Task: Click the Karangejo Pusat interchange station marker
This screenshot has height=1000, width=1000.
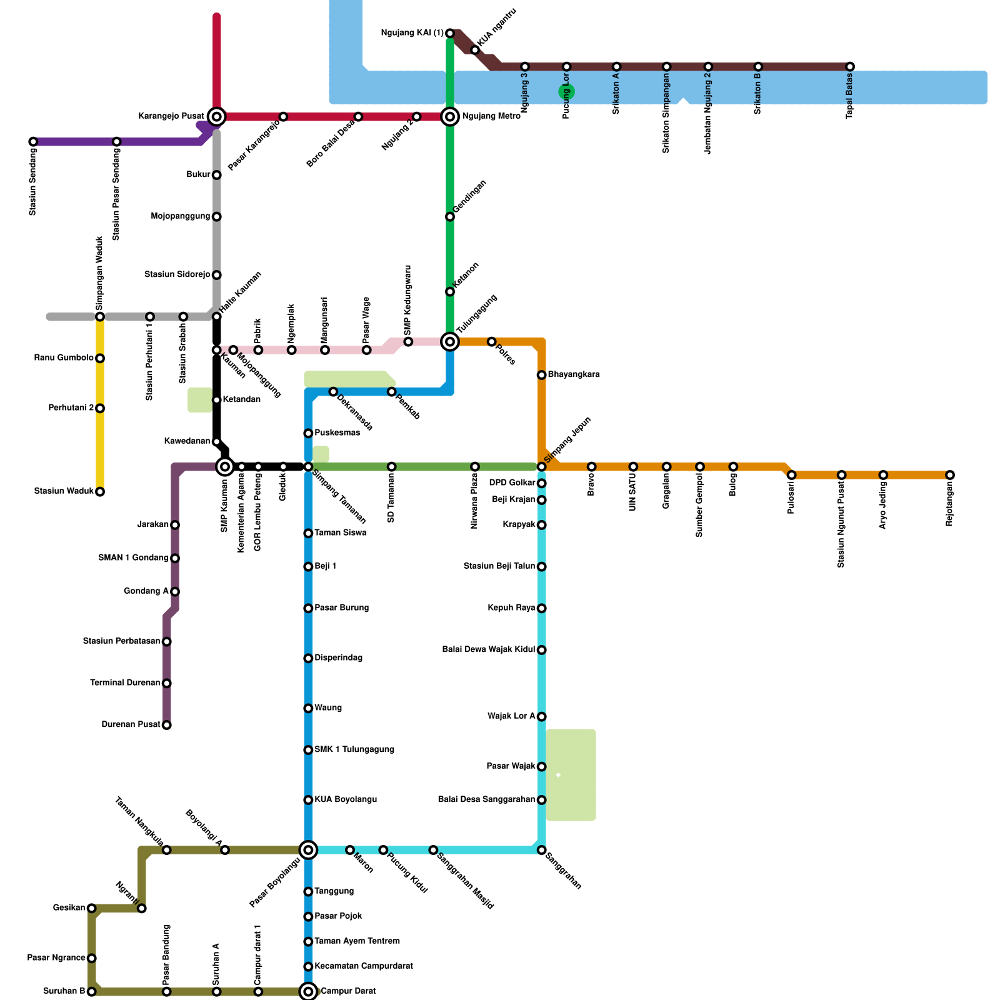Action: tap(217, 116)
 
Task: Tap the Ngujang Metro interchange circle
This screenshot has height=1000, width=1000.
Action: tap(450, 116)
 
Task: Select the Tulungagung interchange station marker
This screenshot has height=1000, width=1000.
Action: tap(450, 341)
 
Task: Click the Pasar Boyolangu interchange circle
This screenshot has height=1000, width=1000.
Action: tap(308, 850)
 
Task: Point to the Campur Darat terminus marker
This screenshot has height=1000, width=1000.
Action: tap(308, 991)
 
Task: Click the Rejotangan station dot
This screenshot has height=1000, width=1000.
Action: tap(950, 475)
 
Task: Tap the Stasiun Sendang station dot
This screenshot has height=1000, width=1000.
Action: tap(33, 142)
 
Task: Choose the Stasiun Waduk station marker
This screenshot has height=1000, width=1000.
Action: tap(100, 491)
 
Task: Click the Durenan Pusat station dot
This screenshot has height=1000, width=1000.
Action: tap(167, 725)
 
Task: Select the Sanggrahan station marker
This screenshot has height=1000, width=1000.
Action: tap(542, 850)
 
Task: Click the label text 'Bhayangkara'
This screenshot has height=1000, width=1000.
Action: tap(574, 375)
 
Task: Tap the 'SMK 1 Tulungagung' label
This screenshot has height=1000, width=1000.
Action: tap(354, 750)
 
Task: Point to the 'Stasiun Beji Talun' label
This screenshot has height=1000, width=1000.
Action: tap(499, 566)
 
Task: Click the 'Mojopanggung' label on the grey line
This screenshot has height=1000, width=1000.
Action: tap(181, 216)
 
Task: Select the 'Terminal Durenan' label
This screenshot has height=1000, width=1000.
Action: tap(125, 683)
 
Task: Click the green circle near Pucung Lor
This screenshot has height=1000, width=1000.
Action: tap(566, 92)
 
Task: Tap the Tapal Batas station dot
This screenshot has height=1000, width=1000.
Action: tap(850, 66)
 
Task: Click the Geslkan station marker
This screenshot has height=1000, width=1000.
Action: tap(92, 908)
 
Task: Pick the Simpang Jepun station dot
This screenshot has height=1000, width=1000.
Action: tap(542, 467)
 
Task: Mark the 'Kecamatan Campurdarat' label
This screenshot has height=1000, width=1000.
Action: tap(364, 966)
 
